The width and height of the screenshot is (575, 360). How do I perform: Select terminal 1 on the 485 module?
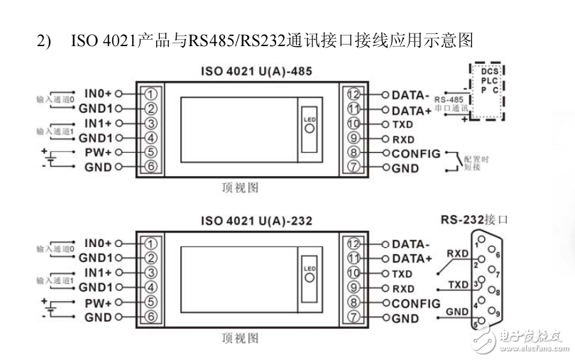click(150, 93)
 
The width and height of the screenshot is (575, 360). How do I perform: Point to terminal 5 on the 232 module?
click(150, 302)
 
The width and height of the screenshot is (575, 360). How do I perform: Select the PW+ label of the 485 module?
click(97, 153)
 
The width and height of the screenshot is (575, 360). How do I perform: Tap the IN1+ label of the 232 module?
click(97, 273)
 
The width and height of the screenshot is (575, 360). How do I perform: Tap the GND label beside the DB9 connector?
click(456, 311)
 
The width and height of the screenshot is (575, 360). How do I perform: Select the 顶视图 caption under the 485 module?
click(239, 188)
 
